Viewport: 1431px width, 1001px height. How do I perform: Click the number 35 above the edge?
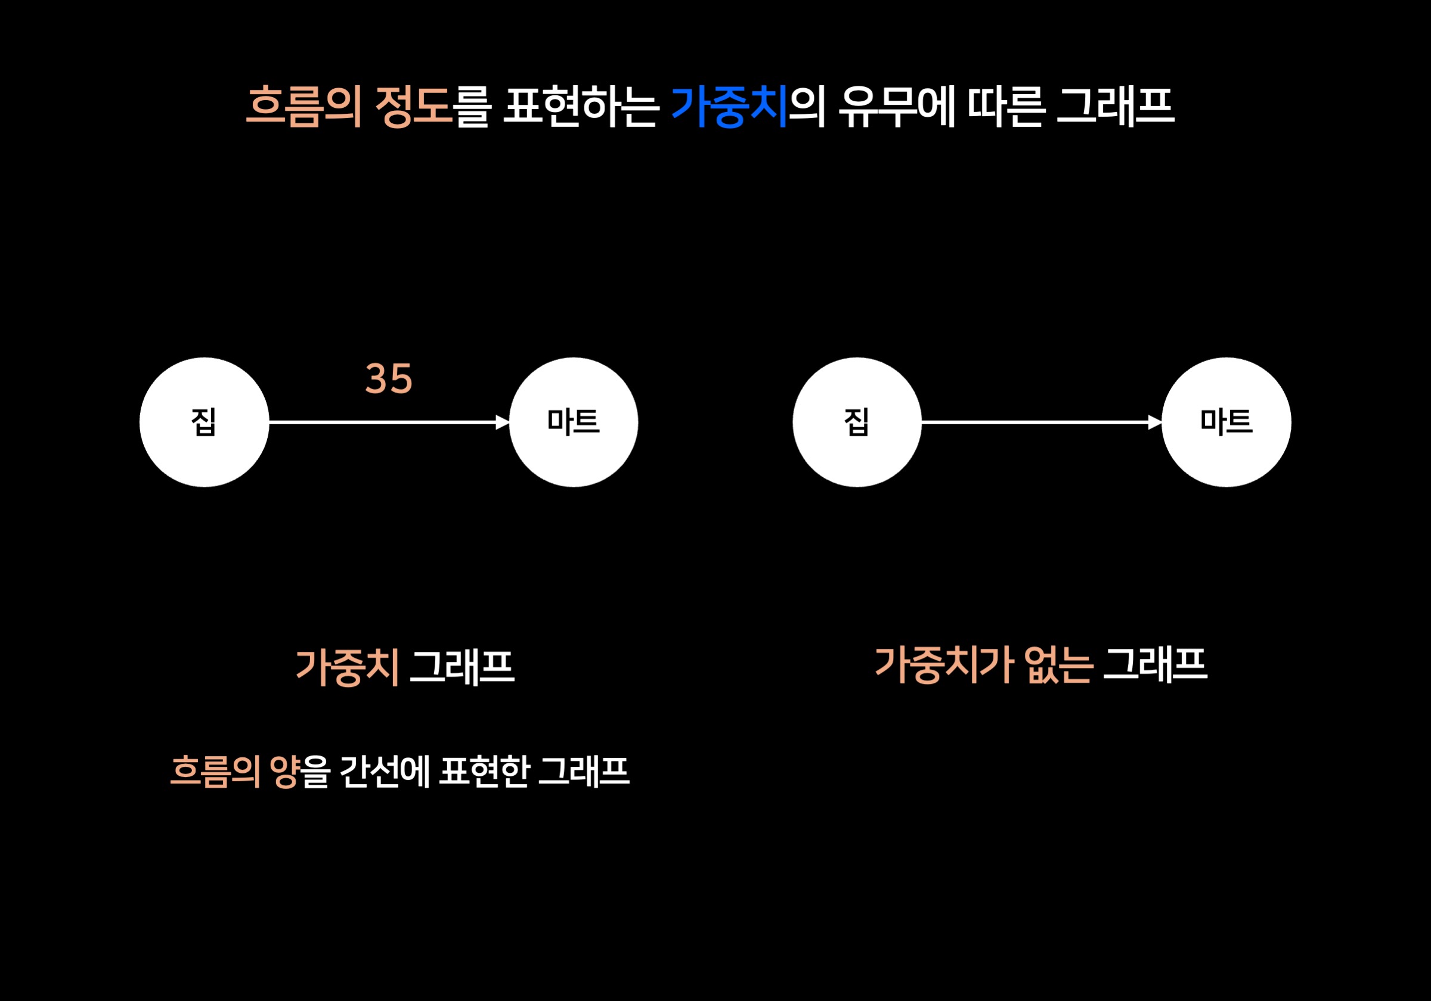[388, 379]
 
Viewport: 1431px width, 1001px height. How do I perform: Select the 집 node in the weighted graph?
[205, 422]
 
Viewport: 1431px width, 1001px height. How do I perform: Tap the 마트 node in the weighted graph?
[574, 422]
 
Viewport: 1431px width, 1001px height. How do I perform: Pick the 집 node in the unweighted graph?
[857, 422]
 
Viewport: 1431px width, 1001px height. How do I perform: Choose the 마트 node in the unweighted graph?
[1226, 422]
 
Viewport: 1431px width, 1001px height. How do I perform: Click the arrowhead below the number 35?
[503, 422]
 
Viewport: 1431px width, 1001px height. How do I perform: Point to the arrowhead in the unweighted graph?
[1155, 422]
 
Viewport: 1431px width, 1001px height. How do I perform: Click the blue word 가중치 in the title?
[729, 107]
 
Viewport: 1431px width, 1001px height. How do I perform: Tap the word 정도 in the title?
[413, 107]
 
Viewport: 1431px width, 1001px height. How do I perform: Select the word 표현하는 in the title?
[581, 107]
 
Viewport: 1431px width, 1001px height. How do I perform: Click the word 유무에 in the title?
[897, 107]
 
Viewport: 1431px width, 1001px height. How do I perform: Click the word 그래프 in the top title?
[1116, 107]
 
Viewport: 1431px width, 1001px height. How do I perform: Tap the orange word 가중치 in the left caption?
[347, 667]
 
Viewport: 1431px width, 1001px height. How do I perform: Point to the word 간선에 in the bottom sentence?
[385, 771]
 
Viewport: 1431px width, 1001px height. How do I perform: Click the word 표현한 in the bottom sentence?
[484, 771]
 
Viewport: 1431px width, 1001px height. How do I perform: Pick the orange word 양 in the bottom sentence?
[284, 771]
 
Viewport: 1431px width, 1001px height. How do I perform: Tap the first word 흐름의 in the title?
[304, 107]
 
